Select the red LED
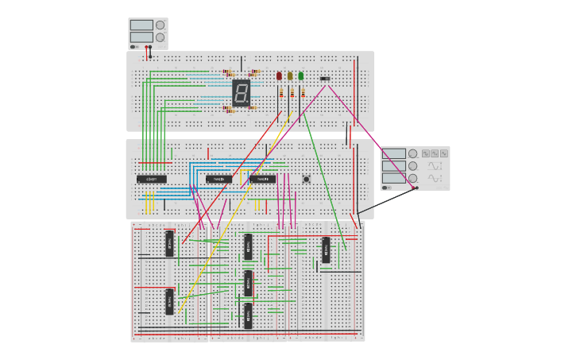point(279,76)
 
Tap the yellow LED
point(290,76)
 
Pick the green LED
point(300,76)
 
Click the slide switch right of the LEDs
point(324,79)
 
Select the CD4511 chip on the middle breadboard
point(151,179)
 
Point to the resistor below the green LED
point(303,93)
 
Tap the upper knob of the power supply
point(160,25)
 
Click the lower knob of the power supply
point(160,37)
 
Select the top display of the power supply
point(141,25)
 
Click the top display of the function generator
point(394,153)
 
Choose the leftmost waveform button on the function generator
point(426,153)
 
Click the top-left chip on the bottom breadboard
point(169,243)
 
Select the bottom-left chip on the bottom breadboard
point(169,301)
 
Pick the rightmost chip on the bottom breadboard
point(325,250)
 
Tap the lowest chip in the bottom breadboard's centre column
point(248,315)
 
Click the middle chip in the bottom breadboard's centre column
point(248,282)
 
